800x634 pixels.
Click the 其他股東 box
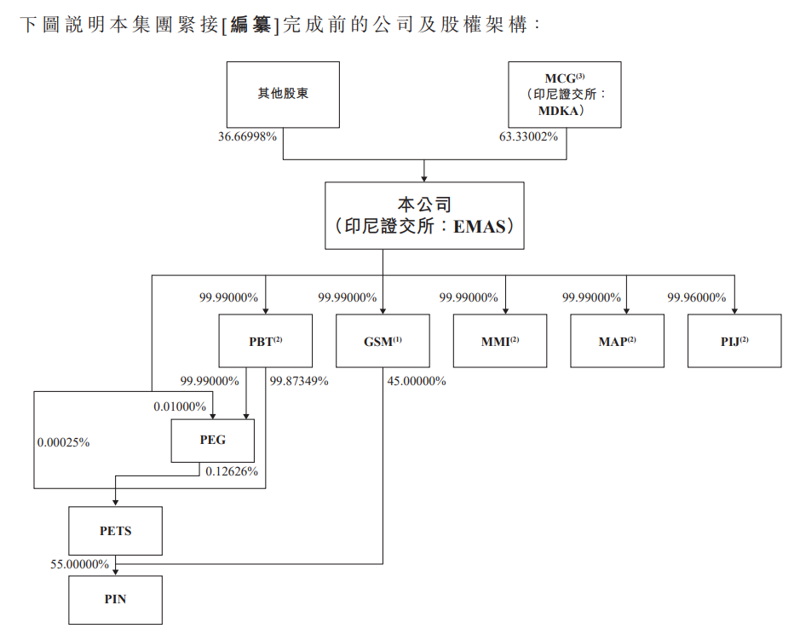(283, 94)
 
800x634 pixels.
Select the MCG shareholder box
(564, 94)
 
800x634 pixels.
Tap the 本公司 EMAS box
(424, 215)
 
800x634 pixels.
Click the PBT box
(265, 341)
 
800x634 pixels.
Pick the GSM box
(382, 341)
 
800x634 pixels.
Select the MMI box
(500, 341)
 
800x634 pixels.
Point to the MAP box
(617, 341)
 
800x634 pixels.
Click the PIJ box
(734, 341)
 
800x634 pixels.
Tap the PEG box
(213, 441)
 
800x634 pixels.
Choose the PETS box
(115, 531)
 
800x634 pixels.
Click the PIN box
(115, 599)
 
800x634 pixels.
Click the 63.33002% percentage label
(528, 136)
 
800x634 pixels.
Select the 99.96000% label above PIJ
(696, 297)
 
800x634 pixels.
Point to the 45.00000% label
(417, 381)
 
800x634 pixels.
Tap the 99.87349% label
(299, 381)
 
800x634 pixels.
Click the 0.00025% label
(64, 443)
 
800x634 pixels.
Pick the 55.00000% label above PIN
(79, 564)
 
